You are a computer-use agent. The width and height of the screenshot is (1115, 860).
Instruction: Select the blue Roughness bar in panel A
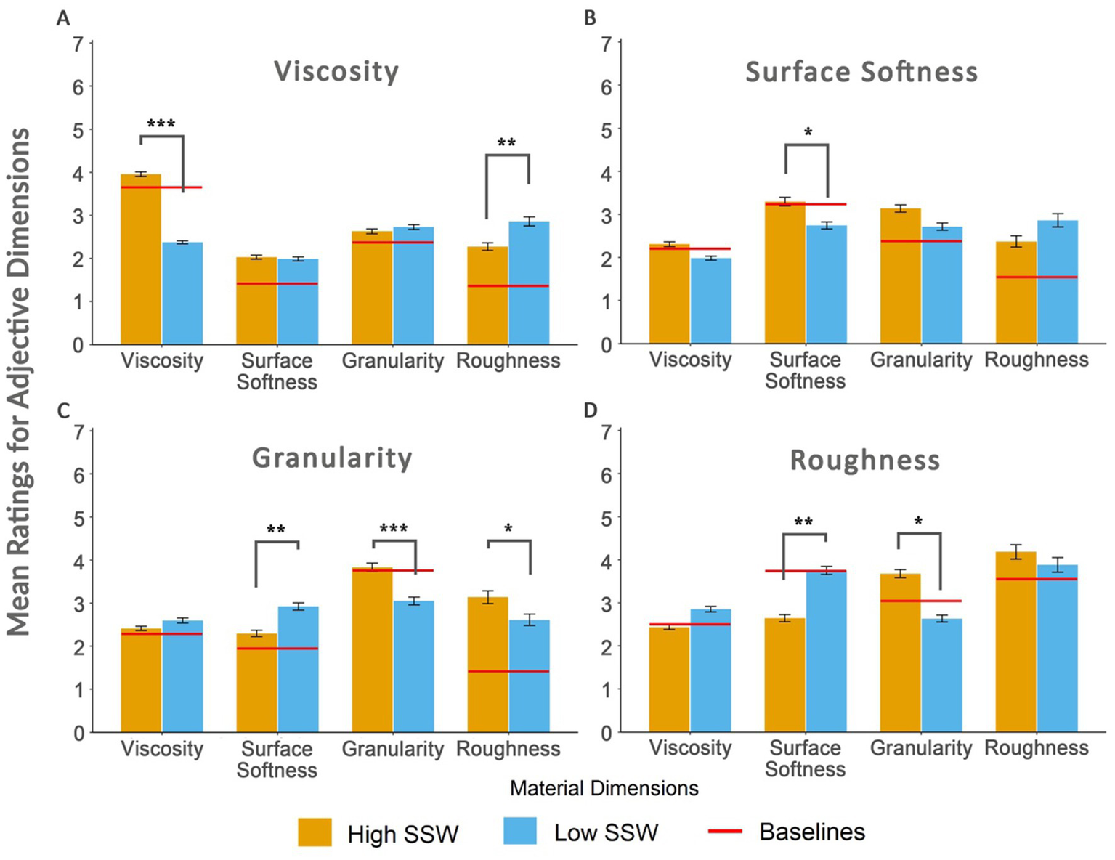[x=529, y=283]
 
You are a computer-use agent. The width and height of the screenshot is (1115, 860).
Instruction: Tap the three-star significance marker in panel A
[x=161, y=124]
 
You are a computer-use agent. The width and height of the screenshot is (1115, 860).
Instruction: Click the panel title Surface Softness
[x=861, y=72]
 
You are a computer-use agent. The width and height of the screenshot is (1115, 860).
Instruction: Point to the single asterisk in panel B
[x=808, y=133]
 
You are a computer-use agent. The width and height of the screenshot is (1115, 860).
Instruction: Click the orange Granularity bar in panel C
[x=372, y=649]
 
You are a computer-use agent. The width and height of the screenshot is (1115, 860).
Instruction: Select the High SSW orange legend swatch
[x=315, y=832]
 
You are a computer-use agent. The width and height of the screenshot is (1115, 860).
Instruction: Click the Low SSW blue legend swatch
[x=520, y=831]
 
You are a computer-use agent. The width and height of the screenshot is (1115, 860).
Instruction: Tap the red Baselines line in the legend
[x=725, y=831]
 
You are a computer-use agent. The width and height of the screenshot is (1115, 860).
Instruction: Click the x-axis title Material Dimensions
[x=604, y=789]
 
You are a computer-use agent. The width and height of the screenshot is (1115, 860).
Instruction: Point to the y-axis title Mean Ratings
[x=19, y=381]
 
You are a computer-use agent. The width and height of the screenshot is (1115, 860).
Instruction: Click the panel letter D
[x=590, y=410]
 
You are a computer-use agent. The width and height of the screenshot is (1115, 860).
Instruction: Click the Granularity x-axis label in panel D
[x=920, y=748]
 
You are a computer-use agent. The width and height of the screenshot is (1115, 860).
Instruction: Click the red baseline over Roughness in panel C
[x=508, y=671]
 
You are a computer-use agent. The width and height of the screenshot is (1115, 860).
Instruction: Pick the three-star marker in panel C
[x=394, y=528]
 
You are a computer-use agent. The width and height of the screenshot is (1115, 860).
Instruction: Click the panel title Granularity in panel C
[x=332, y=458]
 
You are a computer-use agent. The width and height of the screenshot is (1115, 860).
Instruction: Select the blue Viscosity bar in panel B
[x=711, y=301]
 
